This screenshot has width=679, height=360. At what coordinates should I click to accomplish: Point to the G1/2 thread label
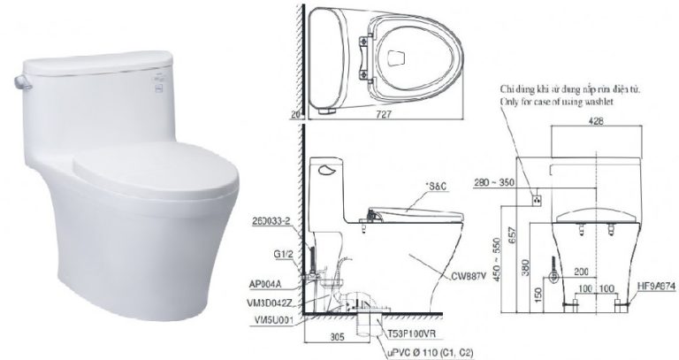[x=284, y=254]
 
